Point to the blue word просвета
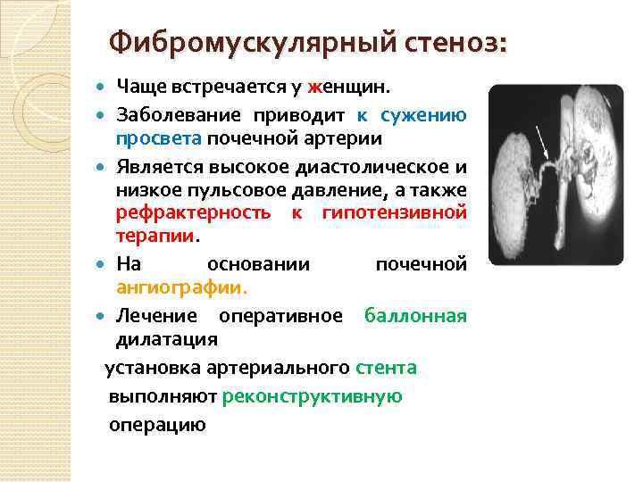click(x=159, y=139)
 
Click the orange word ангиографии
click(x=182, y=287)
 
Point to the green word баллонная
click(x=414, y=315)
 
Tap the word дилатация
click(x=167, y=339)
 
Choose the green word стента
click(x=386, y=367)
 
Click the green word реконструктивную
click(x=313, y=396)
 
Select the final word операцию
click(x=157, y=425)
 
